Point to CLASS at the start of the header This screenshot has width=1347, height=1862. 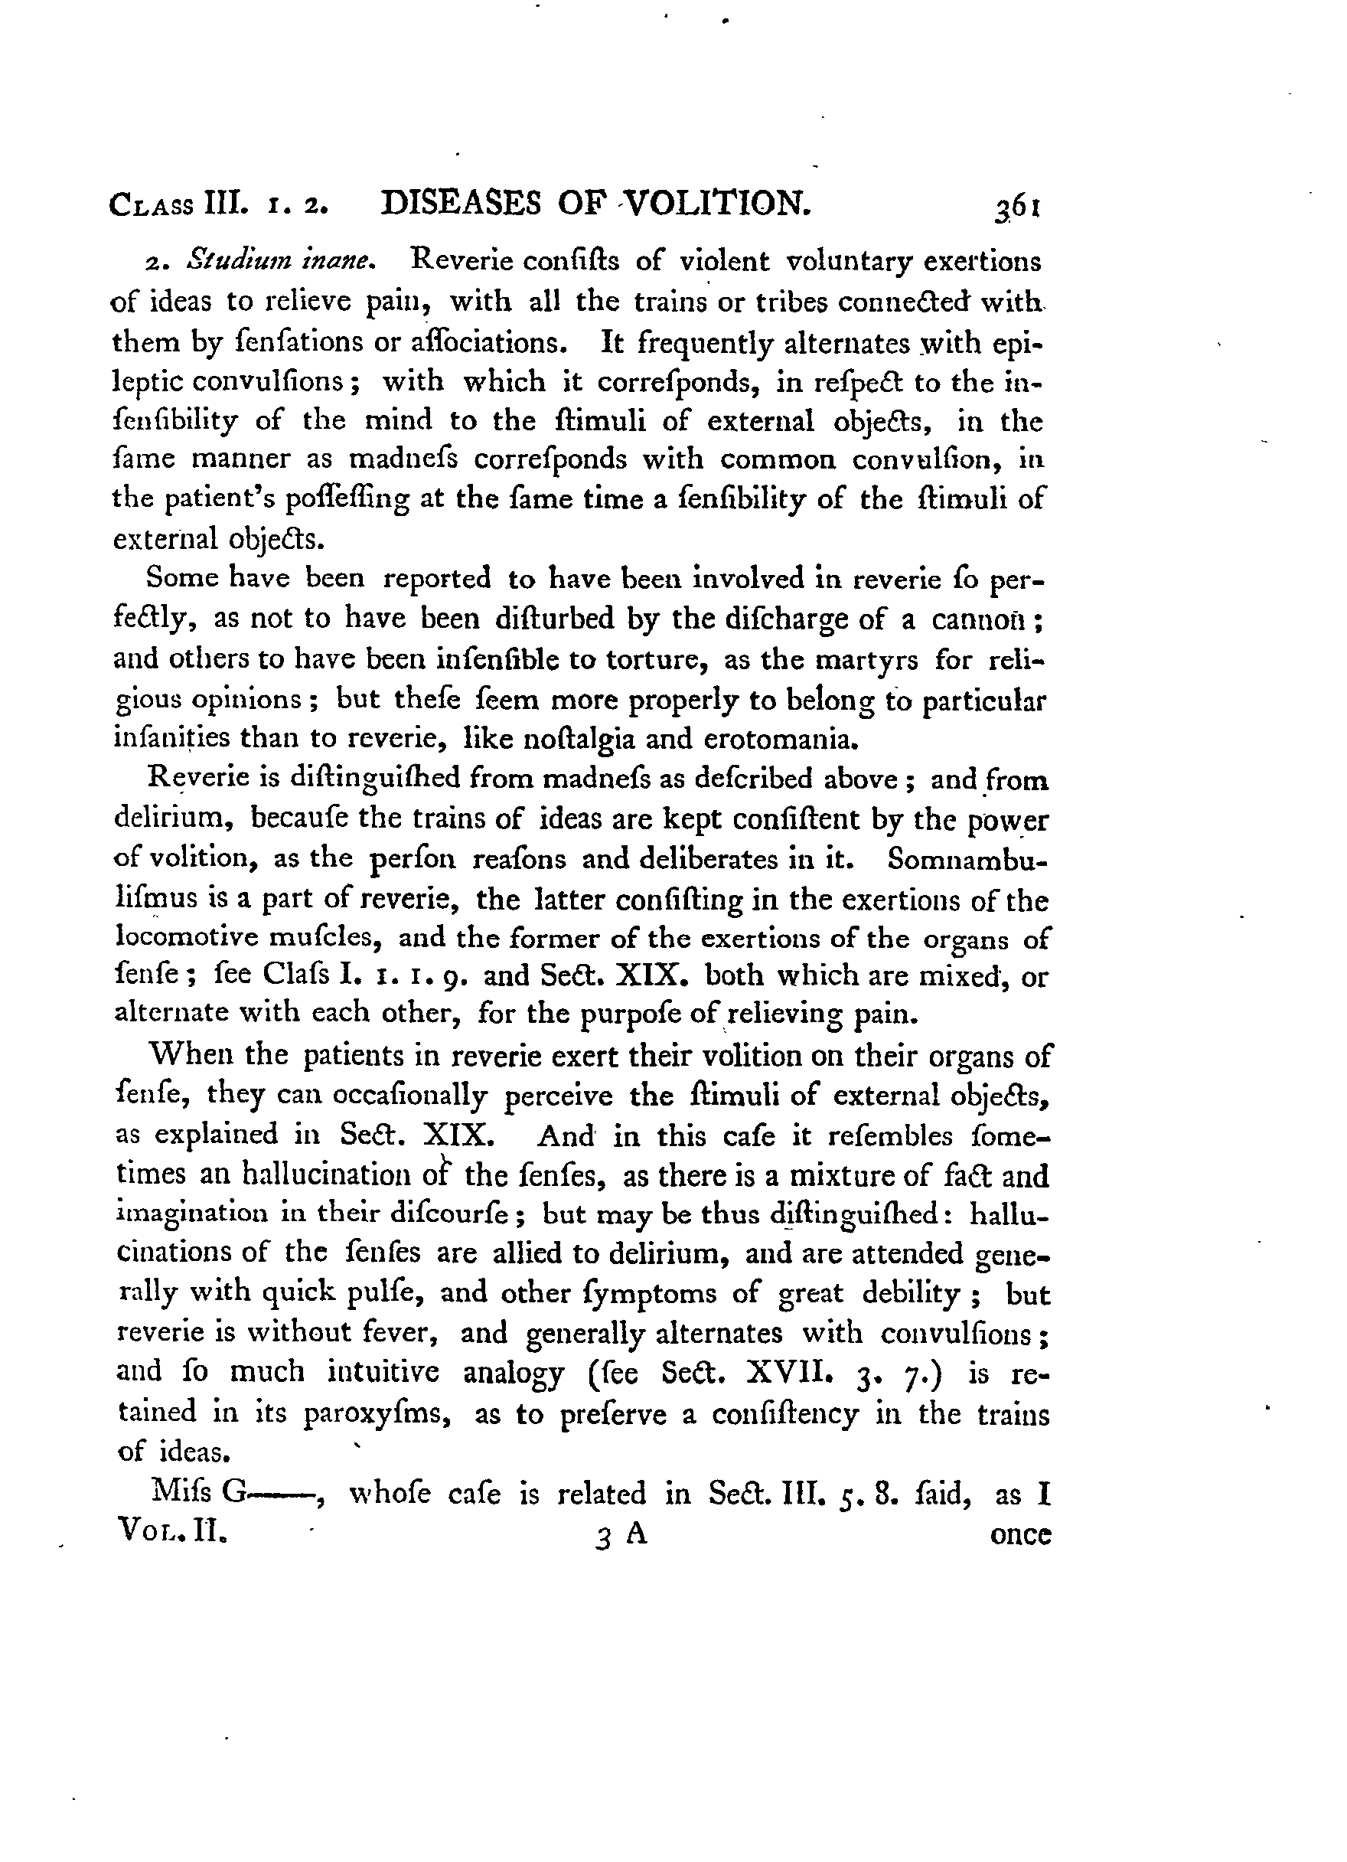150,204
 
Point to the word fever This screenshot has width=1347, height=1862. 397,1331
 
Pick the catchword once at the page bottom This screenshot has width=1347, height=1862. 1020,1534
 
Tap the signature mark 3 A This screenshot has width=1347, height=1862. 622,1534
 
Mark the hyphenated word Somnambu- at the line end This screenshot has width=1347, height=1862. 967,859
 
